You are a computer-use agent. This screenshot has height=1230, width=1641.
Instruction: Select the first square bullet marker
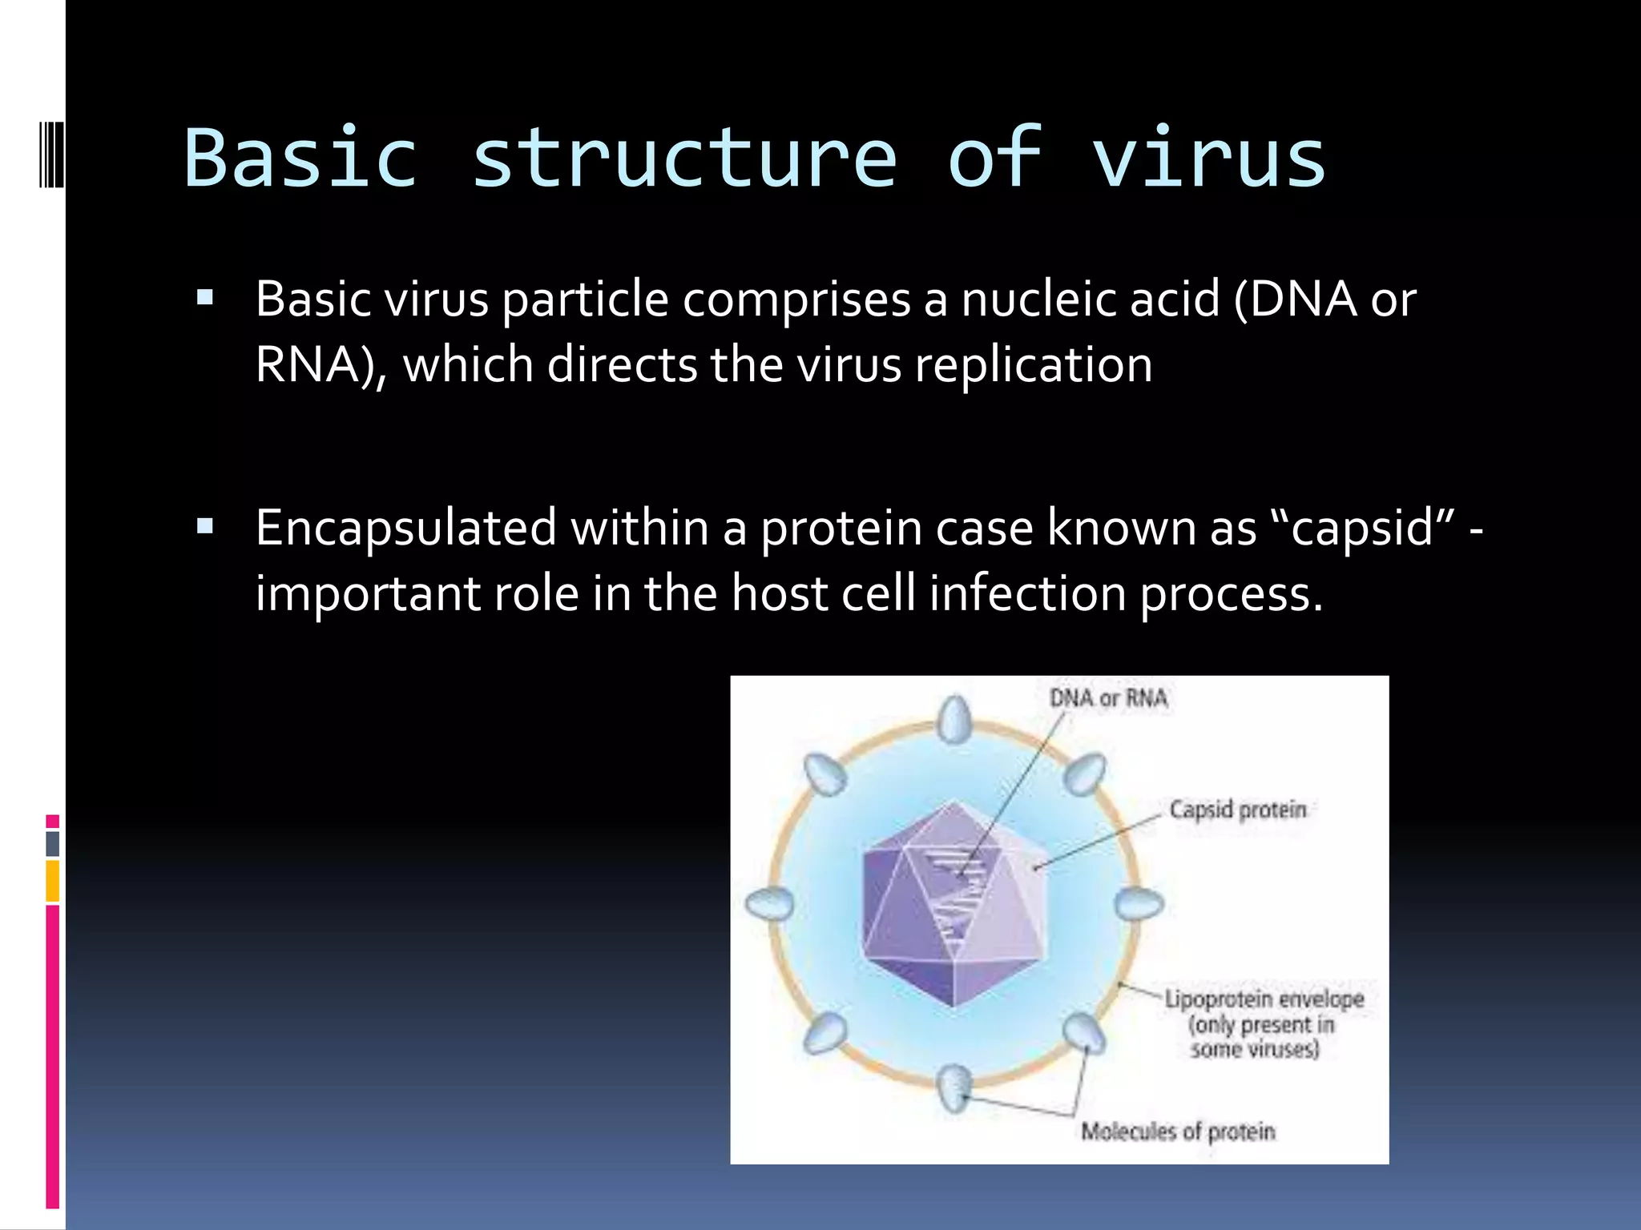point(205,299)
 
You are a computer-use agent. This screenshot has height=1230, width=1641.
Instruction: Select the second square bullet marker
point(205,527)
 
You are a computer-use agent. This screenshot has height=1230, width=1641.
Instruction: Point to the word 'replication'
point(1034,365)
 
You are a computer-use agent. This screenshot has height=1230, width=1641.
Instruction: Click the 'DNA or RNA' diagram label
point(1108,698)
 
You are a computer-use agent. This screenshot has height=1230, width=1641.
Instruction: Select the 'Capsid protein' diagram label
point(1237,810)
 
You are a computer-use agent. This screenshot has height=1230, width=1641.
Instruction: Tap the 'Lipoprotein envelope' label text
point(1264,999)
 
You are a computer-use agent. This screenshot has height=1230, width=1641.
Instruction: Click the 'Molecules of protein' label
point(1177,1132)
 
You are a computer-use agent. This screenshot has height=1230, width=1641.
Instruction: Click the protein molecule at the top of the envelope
point(954,718)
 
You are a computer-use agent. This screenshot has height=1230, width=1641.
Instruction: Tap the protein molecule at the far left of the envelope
point(769,904)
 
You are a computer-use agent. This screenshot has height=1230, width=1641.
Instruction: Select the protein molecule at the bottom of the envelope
point(954,1087)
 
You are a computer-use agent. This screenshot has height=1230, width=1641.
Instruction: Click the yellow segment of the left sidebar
point(52,881)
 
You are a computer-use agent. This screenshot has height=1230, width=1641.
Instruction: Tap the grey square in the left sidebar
point(52,843)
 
